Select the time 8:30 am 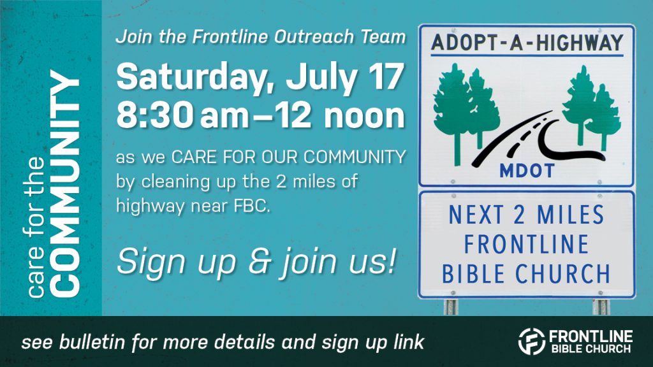click(182, 115)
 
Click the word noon click(364, 117)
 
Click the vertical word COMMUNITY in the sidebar click(64, 183)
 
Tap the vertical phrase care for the click(36, 227)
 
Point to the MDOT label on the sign click(527, 171)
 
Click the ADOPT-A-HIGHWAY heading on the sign click(527, 43)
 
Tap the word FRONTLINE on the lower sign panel click(526, 244)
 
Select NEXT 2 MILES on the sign click(526, 215)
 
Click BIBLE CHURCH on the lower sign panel click(526, 274)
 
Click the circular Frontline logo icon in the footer click(531, 342)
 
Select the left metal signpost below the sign click(451, 307)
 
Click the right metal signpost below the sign click(601, 307)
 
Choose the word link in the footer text click(408, 342)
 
